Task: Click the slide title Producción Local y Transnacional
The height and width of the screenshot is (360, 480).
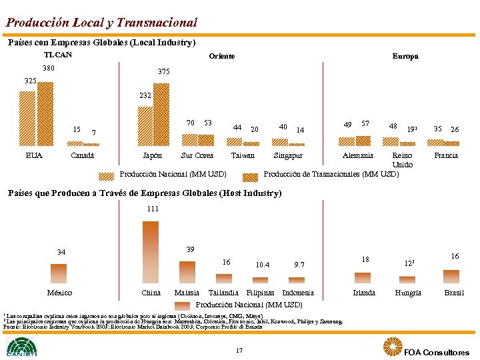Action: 102,22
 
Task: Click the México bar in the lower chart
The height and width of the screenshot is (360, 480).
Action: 59,273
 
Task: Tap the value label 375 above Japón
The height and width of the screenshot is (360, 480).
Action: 164,71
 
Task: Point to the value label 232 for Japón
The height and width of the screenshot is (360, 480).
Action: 145,96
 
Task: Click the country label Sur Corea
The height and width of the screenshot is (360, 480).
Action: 197,155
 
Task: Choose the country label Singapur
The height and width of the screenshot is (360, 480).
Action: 287,155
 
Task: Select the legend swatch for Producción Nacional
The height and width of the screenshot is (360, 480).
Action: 107,177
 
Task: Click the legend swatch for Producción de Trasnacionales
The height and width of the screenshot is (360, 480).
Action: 251,177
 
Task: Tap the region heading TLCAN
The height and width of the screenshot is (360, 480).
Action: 57,55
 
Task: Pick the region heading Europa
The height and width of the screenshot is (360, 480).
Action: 405,56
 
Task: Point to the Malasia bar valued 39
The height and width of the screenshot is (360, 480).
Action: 187,272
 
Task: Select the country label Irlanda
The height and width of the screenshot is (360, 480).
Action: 364,293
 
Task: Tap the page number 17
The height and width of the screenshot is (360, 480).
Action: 239,350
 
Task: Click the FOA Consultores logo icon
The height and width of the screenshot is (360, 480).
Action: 392,347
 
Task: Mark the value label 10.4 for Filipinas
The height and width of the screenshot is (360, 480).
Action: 262,265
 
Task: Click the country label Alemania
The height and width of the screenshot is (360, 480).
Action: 357,155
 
